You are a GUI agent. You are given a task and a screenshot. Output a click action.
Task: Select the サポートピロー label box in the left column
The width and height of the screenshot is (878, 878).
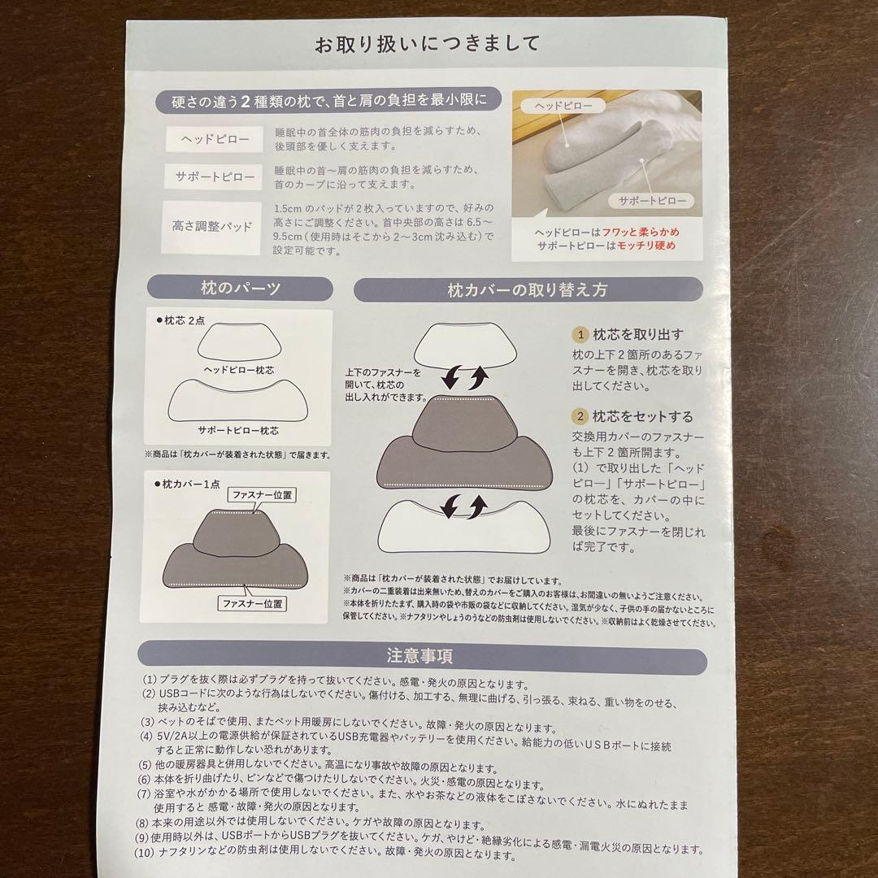coord(214,176)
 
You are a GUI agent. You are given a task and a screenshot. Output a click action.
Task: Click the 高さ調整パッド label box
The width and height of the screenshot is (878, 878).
coord(213,226)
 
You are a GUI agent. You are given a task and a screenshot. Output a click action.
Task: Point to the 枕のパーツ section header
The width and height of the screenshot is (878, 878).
coord(240,289)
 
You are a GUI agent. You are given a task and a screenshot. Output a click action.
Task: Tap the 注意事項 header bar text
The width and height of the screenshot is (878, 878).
coord(420,656)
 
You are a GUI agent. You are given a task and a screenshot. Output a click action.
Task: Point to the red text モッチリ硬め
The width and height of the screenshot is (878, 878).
coord(647,246)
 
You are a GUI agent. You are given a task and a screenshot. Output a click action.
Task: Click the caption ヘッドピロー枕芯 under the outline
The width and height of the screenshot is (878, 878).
coord(238,371)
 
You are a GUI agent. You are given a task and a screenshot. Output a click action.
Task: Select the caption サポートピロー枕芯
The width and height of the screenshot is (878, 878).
coord(238,430)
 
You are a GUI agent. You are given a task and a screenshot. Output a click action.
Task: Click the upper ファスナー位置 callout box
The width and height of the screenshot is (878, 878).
coord(263,493)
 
